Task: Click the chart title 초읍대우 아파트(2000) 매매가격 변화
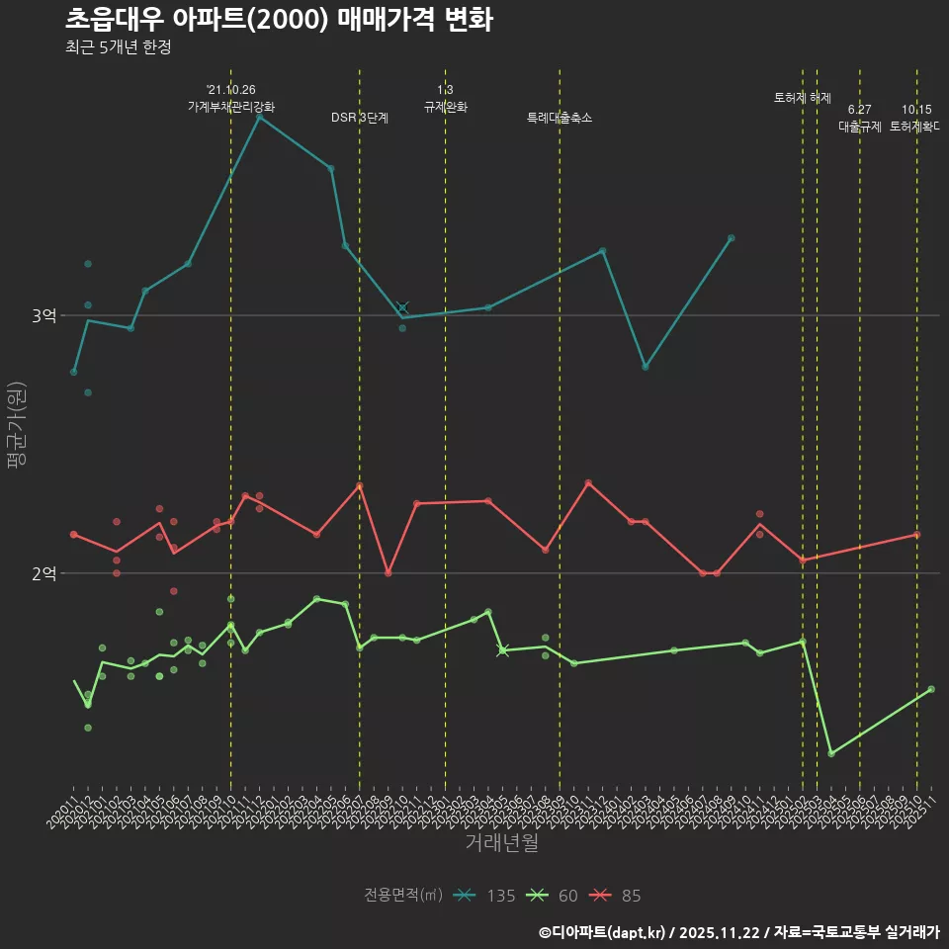click(x=279, y=20)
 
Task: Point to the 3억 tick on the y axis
click(x=44, y=315)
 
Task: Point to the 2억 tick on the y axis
click(x=44, y=573)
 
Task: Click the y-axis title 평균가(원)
click(x=17, y=425)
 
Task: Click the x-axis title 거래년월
click(x=502, y=843)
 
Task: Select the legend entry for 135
click(x=484, y=896)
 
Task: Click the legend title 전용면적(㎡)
click(x=401, y=896)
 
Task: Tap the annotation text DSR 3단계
click(x=360, y=118)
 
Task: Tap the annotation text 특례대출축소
click(x=560, y=118)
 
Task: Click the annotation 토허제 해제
click(x=802, y=98)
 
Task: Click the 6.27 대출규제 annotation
click(x=859, y=118)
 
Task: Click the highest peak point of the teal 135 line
click(x=259, y=117)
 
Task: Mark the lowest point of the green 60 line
click(x=831, y=753)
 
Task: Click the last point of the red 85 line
click(x=916, y=535)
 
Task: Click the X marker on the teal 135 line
click(x=402, y=307)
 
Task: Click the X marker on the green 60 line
click(x=502, y=649)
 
